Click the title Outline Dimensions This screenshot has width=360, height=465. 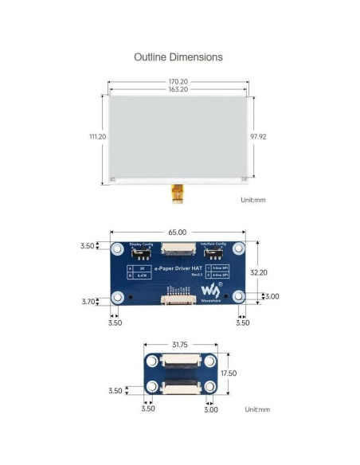click(178, 57)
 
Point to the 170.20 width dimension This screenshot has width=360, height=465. click(178, 81)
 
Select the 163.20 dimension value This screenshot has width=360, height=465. click(178, 90)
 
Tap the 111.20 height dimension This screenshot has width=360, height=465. click(97, 137)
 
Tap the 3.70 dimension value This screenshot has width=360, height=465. click(91, 301)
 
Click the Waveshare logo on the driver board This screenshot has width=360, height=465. click(211, 288)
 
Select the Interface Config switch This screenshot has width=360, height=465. click(213, 254)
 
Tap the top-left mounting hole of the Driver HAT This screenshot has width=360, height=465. click(117, 248)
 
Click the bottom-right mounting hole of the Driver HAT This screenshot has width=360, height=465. click(237, 298)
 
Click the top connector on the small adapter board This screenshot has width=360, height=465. click(180, 362)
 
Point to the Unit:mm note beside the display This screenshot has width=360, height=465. click(252, 200)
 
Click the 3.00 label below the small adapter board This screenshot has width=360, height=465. click(211, 409)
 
